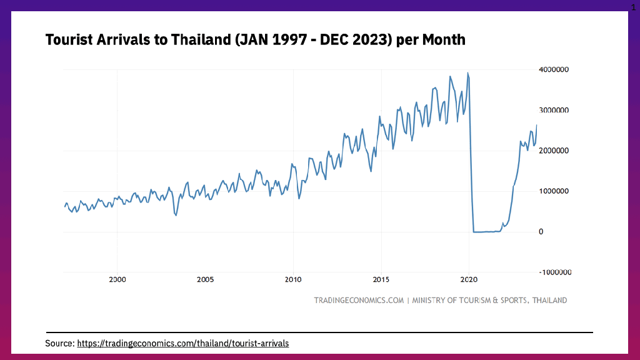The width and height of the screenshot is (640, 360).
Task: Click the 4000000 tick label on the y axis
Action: coord(553,69)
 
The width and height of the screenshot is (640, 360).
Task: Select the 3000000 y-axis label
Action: coord(553,110)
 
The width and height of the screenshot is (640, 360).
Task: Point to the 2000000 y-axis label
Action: coord(553,151)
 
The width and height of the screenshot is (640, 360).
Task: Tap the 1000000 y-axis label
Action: coord(553,191)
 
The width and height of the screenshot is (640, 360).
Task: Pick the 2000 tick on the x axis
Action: coord(117,279)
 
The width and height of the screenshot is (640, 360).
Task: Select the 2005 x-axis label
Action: coord(206,279)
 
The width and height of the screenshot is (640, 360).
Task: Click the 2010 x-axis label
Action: coord(293,279)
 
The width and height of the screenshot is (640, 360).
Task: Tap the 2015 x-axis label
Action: coord(381,279)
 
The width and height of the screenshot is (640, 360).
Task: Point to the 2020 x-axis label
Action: coord(469,279)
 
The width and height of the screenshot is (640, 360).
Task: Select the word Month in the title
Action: coord(444,40)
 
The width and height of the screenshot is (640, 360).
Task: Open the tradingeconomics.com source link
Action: coord(183,343)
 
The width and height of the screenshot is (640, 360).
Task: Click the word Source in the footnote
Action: coord(59,343)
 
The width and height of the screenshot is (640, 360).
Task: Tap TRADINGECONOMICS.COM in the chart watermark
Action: coord(359,300)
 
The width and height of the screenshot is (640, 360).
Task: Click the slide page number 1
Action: coord(633,6)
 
